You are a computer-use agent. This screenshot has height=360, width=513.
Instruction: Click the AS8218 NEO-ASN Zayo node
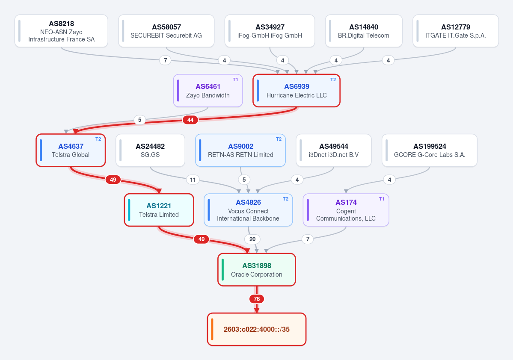(61, 31)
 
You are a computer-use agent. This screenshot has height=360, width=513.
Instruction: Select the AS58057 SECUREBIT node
(166, 31)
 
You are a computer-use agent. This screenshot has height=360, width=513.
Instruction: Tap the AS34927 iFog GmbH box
(270, 31)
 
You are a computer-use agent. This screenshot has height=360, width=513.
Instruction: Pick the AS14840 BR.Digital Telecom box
(364, 31)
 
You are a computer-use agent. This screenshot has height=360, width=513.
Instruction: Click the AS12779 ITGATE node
(455, 31)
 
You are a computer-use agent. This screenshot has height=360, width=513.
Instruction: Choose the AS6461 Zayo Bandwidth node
(208, 91)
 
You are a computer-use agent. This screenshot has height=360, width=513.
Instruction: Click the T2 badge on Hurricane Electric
(333, 80)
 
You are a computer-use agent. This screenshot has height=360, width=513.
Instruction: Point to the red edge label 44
(190, 120)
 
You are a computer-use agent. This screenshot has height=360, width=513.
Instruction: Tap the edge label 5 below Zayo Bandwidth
(140, 120)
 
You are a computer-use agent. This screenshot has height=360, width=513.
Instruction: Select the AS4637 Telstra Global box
(71, 150)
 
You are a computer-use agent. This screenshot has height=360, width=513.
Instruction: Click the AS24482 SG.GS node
(150, 150)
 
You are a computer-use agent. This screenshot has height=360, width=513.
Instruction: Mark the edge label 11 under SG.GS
(193, 180)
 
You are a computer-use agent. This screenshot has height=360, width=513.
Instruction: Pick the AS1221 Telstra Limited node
(159, 210)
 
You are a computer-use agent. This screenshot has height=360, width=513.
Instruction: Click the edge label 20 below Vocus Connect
(252, 239)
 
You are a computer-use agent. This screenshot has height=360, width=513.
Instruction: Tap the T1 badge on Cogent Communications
(382, 199)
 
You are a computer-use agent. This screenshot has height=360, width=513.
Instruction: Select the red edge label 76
(257, 299)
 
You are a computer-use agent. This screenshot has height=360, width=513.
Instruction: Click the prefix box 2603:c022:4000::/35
(257, 329)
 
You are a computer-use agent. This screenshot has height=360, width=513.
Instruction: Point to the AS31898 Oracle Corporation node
(257, 270)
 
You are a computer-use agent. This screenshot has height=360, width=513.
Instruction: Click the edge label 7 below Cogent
(308, 239)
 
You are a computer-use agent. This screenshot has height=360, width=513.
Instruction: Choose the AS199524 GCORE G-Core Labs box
(430, 150)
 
